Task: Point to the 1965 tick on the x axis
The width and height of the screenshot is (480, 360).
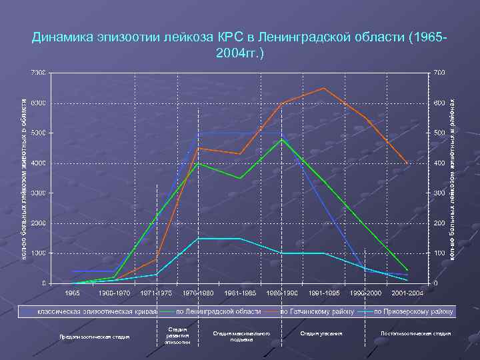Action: [x=72, y=293]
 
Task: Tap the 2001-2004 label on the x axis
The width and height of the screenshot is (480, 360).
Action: [x=407, y=293]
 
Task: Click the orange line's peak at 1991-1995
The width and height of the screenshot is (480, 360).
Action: [x=324, y=88]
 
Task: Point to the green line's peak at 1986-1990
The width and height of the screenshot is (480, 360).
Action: [x=282, y=139]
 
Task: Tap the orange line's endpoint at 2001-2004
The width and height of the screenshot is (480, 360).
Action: [x=408, y=163]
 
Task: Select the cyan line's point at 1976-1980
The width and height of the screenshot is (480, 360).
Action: [x=198, y=238]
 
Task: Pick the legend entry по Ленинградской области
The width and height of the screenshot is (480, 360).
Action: [x=218, y=311]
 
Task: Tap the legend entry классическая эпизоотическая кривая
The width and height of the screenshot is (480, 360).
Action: [x=96, y=311]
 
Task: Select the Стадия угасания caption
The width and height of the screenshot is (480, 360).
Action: [x=321, y=333]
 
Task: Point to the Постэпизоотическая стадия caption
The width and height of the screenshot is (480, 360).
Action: [x=415, y=333]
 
